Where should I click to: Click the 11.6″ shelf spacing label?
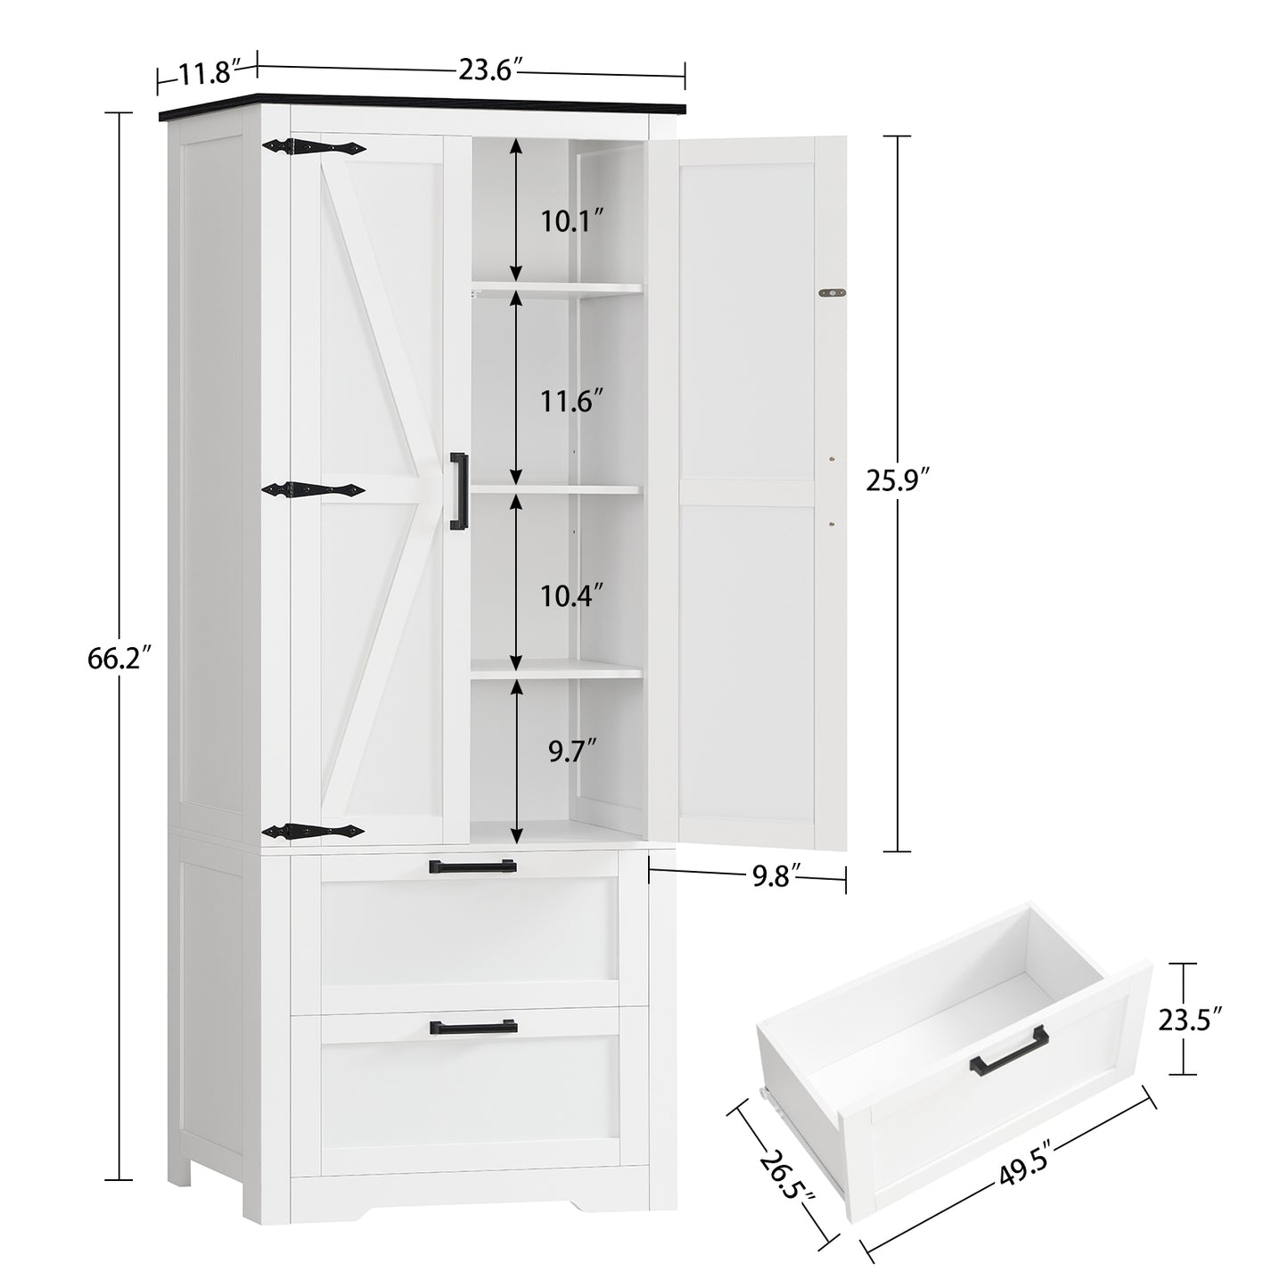pyautogui.click(x=572, y=403)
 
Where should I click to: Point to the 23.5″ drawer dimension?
pyautogui.click(x=1192, y=1018)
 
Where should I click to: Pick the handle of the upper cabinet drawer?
pyautogui.click(x=472, y=866)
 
